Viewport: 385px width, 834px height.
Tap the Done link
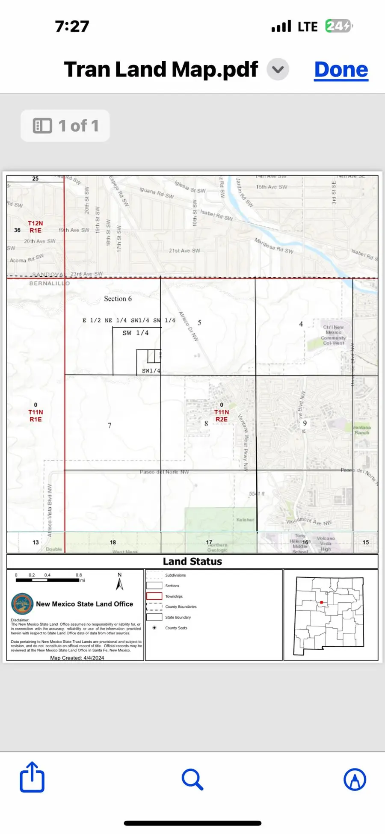tap(341, 70)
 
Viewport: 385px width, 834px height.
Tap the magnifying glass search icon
tap(192, 779)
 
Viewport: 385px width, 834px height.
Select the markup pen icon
tap(355, 779)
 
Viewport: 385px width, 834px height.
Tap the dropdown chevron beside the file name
tap(278, 69)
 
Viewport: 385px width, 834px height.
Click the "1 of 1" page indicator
tap(65, 126)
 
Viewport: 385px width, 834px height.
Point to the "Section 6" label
tap(118, 299)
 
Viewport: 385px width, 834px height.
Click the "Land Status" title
tap(192, 561)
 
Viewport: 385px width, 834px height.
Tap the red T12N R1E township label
tap(36, 227)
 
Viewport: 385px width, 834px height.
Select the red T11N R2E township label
tap(222, 415)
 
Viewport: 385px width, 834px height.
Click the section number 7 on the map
tap(110, 425)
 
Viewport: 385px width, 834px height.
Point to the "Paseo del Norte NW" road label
tap(164, 472)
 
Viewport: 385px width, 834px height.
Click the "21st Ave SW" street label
tap(184, 251)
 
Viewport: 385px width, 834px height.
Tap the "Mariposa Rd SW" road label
tap(274, 246)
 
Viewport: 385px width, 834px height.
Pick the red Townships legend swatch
tap(154, 596)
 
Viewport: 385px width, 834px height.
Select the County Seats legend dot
tap(154, 627)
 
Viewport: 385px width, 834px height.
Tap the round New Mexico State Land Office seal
tap(22, 604)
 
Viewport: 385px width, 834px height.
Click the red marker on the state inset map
tap(321, 602)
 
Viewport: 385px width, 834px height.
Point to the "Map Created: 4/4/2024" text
tap(77, 658)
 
